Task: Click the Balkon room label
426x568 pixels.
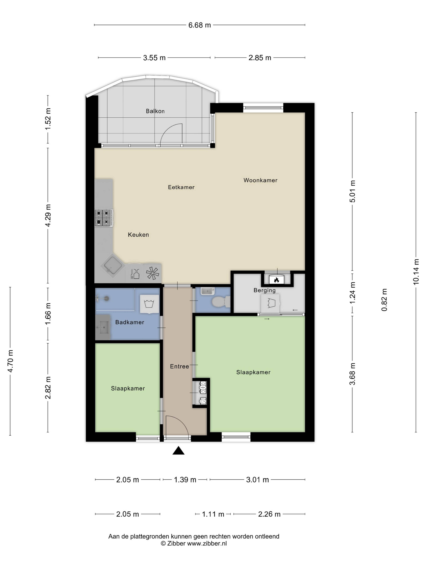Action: click(x=155, y=111)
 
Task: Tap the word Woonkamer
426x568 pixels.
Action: click(x=260, y=180)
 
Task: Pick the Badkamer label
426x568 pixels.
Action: click(x=130, y=322)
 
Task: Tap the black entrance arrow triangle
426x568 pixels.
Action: click(x=178, y=450)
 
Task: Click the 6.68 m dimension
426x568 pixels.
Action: click(x=199, y=25)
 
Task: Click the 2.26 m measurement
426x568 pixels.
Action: click(x=269, y=514)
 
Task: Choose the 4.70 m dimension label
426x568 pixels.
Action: click(x=10, y=361)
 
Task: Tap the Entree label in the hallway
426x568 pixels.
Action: click(x=179, y=366)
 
